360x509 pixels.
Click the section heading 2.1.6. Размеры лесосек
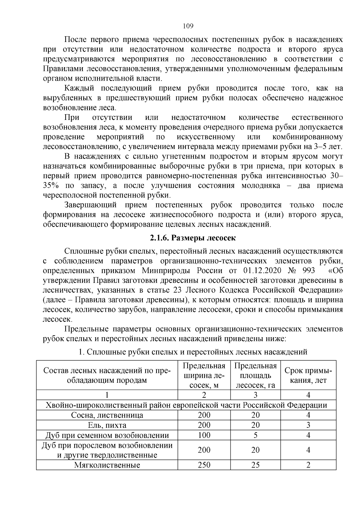pyautogui.click(x=193, y=238)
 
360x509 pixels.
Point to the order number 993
pyautogui.click(x=309, y=271)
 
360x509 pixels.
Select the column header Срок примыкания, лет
pyautogui.click(x=308, y=376)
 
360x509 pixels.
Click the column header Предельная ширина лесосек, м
pyautogui.click(x=204, y=376)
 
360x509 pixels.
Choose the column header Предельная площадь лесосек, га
pyautogui.click(x=255, y=376)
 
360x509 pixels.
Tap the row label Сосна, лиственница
pyautogui.click(x=107, y=415)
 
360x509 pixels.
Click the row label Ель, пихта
pyautogui.click(x=107, y=425)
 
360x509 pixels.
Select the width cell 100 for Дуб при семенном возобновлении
pyautogui.click(x=204, y=435)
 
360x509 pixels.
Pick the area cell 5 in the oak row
pyautogui.click(x=255, y=435)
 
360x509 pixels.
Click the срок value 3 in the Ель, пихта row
pyautogui.click(x=308, y=425)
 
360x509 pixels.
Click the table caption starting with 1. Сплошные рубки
pyautogui.click(x=193, y=352)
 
